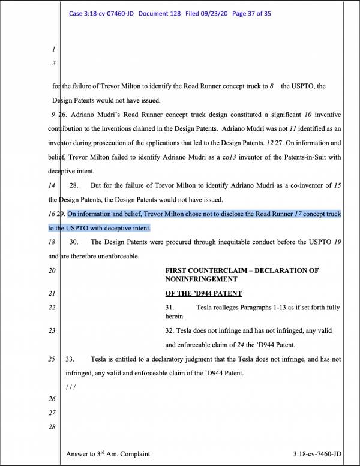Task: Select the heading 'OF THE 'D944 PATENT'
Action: click(x=203, y=293)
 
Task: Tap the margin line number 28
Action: click(x=53, y=426)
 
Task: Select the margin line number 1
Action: click(x=53, y=49)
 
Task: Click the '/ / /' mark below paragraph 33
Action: click(x=70, y=387)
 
